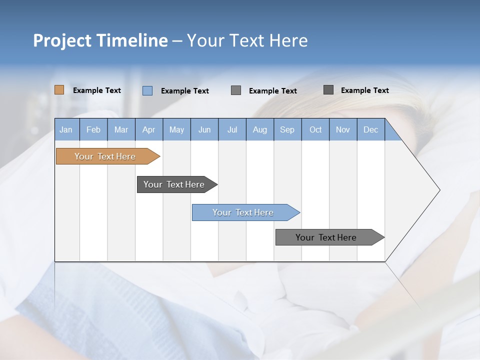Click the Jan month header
[x=66, y=129]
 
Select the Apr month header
[x=149, y=129]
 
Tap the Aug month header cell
[x=260, y=129]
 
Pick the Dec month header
[x=371, y=129]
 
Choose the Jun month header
[x=204, y=129]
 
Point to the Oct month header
[x=315, y=129]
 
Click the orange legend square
[x=59, y=90]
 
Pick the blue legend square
[x=147, y=90]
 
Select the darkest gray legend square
[x=328, y=90]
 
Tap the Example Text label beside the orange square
[x=97, y=90]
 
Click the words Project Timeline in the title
[x=100, y=40]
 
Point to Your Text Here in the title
[x=247, y=40]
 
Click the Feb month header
[x=93, y=129]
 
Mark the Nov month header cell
[x=343, y=129]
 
